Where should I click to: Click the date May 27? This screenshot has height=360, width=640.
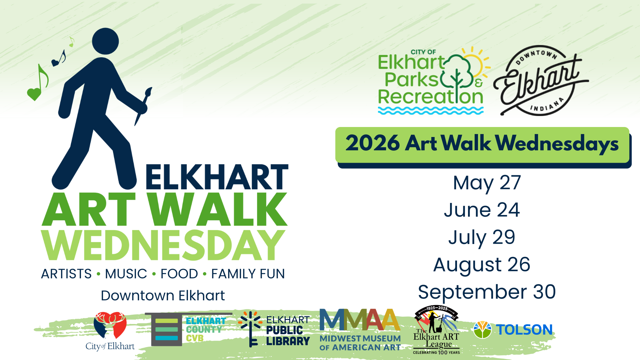[x=487, y=183]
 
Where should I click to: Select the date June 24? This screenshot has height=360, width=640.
[x=482, y=210]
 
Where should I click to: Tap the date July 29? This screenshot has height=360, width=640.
[x=482, y=238]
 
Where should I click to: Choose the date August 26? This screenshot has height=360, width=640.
[x=482, y=265]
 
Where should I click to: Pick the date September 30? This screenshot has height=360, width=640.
[x=487, y=292]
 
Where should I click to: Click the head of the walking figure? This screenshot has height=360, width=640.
[x=105, y=41]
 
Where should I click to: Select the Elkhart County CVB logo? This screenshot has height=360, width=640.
[x=189, y=329]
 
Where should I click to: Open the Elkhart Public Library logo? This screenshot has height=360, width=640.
[x=274, y=329]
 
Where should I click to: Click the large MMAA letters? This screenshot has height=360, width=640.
[x=360, y=319]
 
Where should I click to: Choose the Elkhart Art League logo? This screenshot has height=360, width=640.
[x=436, y=330]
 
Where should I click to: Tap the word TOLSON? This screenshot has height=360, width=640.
[x=524, y=330]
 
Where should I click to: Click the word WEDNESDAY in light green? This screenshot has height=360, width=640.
[x=163, y=245]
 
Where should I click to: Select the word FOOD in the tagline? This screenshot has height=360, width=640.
[x=179, y=274]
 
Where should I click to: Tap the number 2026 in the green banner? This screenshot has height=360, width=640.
[x=372, y=143]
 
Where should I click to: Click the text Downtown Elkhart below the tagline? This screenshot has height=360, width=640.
[x=163, y=296]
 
